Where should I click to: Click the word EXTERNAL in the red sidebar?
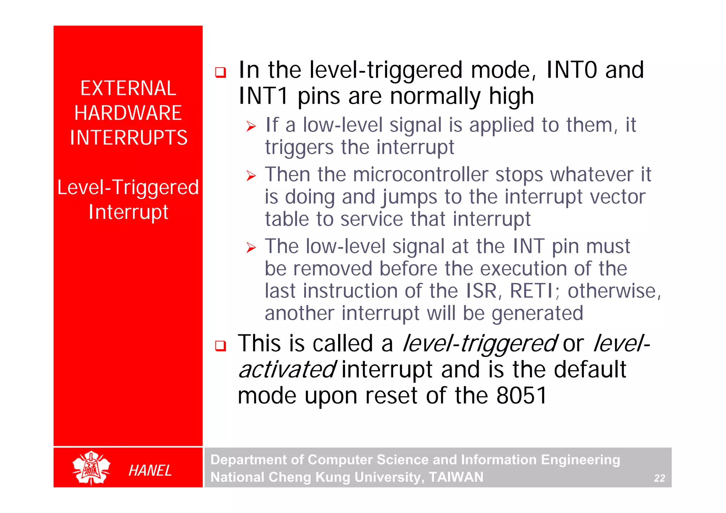(x=128, y=88)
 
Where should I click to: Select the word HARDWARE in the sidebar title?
(x=128, y=113)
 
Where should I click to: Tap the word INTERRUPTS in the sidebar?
(x=128, y=138)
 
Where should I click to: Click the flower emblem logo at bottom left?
(x=91, y=468)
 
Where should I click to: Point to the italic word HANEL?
(x=150, y=470)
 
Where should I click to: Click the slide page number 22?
(x=659, y=478)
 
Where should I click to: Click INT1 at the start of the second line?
(x=263, y=96)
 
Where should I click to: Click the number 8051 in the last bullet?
(x=522, y=395)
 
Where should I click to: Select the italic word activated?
(x=286, y=370)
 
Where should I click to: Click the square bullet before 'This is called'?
(x=220, y=346)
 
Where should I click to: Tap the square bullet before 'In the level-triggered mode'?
(x=220, y=72)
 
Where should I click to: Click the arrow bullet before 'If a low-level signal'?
(x=251, y=126)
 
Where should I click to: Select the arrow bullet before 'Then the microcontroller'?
(x=251, y=176)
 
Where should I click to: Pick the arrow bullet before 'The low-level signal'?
(x=251, y=247)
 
